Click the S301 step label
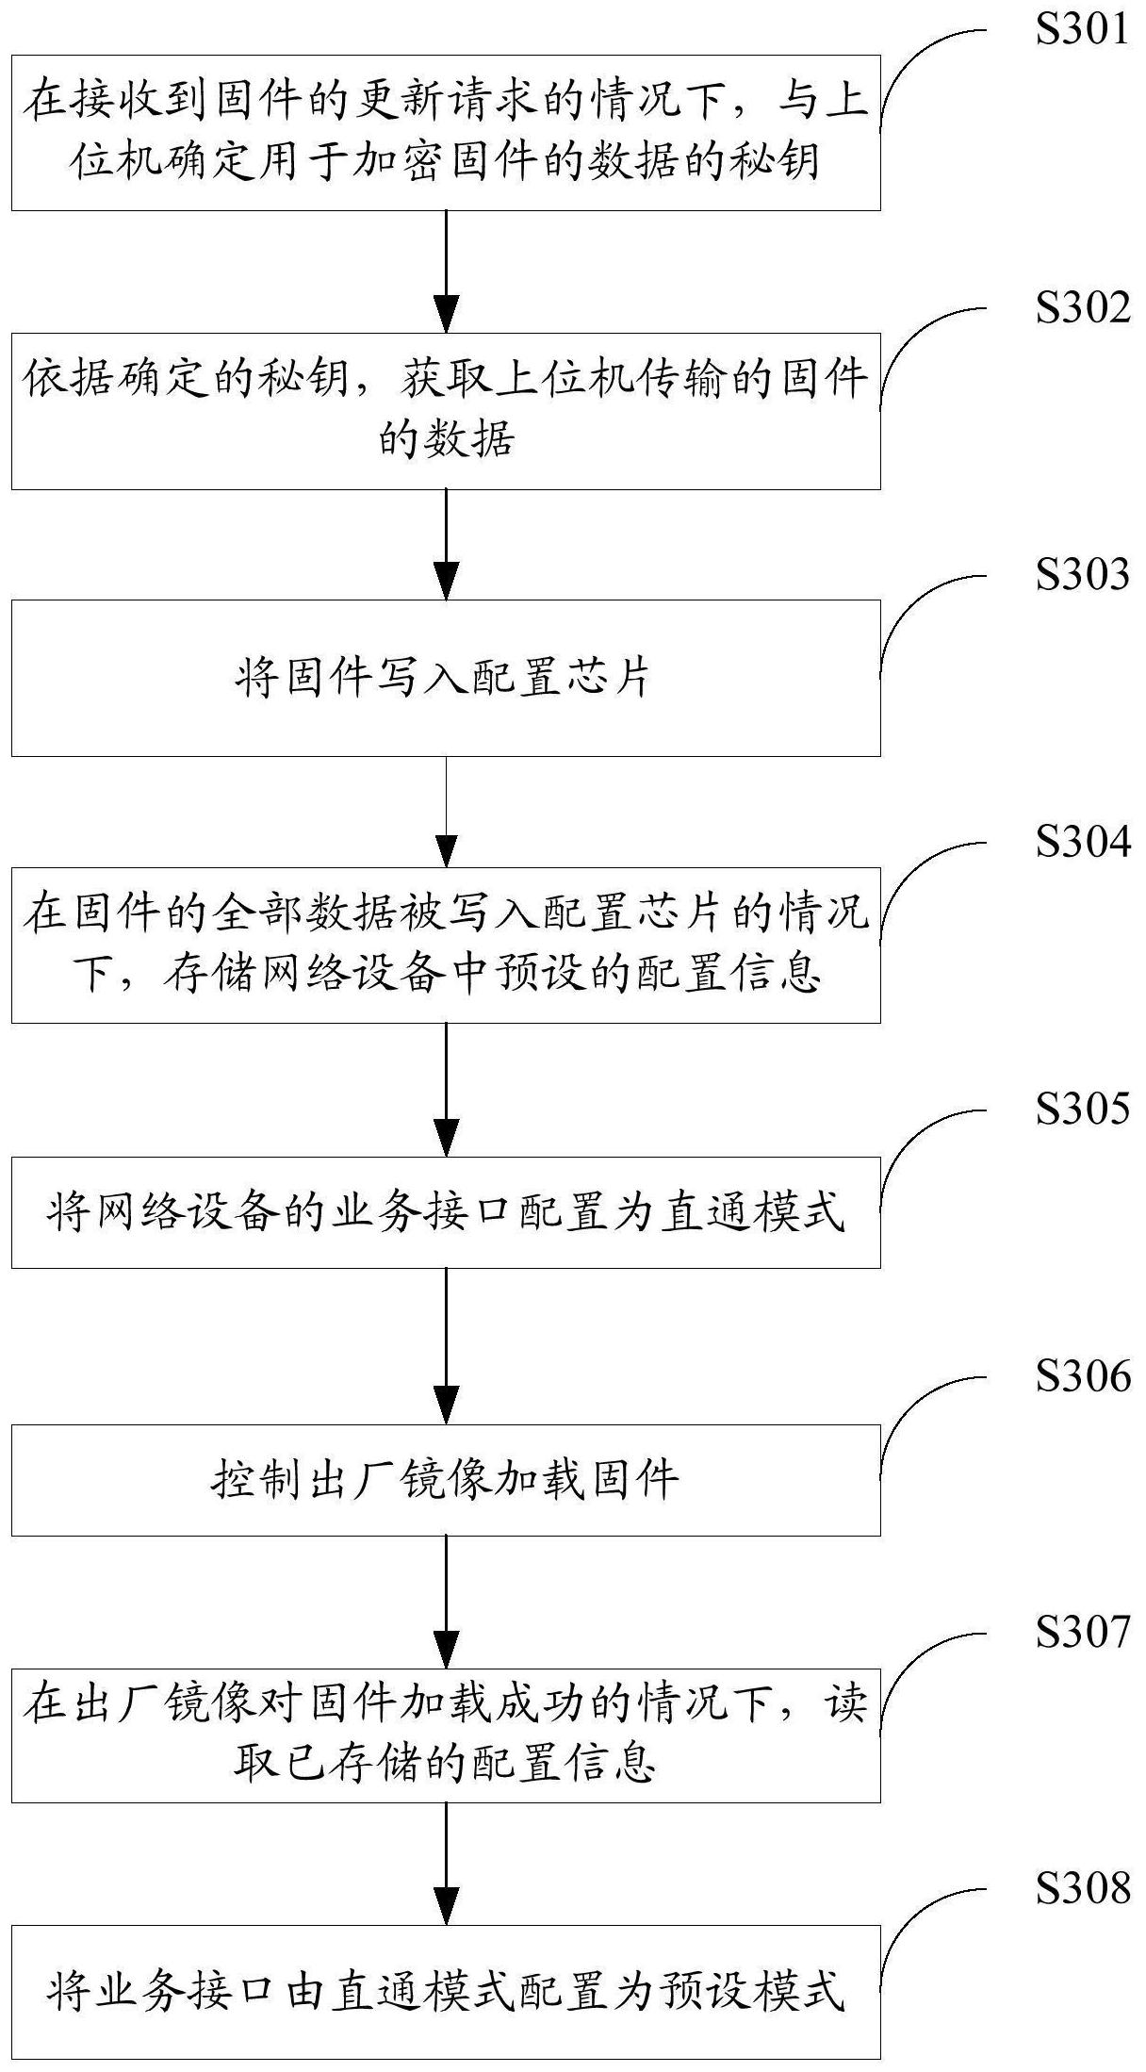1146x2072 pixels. point(1082,30)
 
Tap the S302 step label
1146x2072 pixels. point(1082,307)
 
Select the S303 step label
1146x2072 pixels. point(1082,574)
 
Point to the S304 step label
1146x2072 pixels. point(1082,841)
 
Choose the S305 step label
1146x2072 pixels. point(1082,1109)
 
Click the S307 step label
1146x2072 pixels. point(1082,1632)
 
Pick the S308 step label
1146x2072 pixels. point(1082,1888)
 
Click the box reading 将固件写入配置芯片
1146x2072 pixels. point(446,678)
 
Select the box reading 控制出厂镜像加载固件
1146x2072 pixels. point(446,1480)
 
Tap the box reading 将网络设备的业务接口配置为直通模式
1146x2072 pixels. point(446,1212)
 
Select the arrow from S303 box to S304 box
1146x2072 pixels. point(446,811)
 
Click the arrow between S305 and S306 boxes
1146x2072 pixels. point(446,1345)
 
